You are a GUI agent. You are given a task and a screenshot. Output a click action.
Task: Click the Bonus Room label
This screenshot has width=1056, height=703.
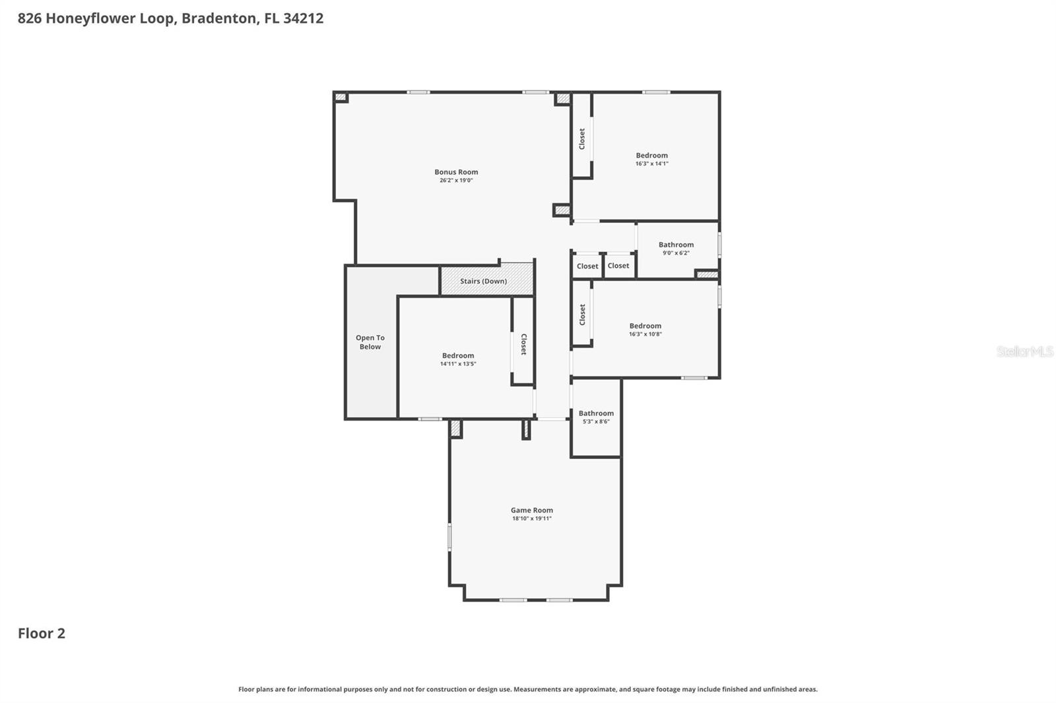pyautogui.click(x=456, y=172)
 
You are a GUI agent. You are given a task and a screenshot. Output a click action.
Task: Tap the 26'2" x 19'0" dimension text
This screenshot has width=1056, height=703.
pyautogui.click(x=456, y=181)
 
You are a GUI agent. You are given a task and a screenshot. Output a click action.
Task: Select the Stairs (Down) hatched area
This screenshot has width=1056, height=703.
pyautogui.click(x=486, y=280)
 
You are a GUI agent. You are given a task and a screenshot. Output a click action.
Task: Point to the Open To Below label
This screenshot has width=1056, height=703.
pyautogui.click(x=370, y=342)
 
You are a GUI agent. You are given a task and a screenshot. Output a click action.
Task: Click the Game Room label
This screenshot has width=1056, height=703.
pyautogui.click(x=531, y=510)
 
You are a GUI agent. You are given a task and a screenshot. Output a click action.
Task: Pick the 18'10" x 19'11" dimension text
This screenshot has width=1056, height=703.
pyautogui.click(x=531, y=518)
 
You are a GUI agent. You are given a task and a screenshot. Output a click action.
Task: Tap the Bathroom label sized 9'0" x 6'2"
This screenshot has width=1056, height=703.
pyautogui.click(x=676, y=245)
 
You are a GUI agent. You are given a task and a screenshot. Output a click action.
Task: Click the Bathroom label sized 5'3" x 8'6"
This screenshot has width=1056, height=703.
pyautogui.click(x=596, y=413)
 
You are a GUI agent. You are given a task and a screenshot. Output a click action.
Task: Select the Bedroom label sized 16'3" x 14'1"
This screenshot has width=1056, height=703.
pyautogui.click(x=651, y=156)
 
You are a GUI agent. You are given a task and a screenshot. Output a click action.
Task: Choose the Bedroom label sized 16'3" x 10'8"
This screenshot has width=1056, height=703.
pyautogui.click(x=645, y=326)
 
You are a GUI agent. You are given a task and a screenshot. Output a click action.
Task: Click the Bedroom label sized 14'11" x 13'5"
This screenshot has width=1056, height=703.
pyautogui.click(x=458, y=355)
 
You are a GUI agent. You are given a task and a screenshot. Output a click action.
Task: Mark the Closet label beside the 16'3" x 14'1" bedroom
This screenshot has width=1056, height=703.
pyautogui.click(x=582, y=139)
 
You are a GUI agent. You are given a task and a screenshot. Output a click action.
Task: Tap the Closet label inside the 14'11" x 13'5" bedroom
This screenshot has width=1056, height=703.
pyautogui.click(x=523, y=344)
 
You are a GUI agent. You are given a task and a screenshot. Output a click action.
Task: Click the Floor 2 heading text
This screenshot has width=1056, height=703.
pyautogui.click(x=41, y=633)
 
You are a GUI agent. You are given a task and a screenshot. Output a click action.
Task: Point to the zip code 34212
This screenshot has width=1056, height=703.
pyautogui.click(x=303, y=18)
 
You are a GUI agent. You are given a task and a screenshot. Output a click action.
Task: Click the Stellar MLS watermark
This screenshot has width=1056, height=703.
pyautogui.click(x=1024, y=351)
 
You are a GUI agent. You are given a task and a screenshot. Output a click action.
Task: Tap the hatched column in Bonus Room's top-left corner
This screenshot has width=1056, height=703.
pyautogui.click(x=341, y=98)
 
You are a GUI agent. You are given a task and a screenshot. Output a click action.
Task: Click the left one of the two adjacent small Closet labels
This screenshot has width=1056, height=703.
pyautogui.click(x=587, y=266)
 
